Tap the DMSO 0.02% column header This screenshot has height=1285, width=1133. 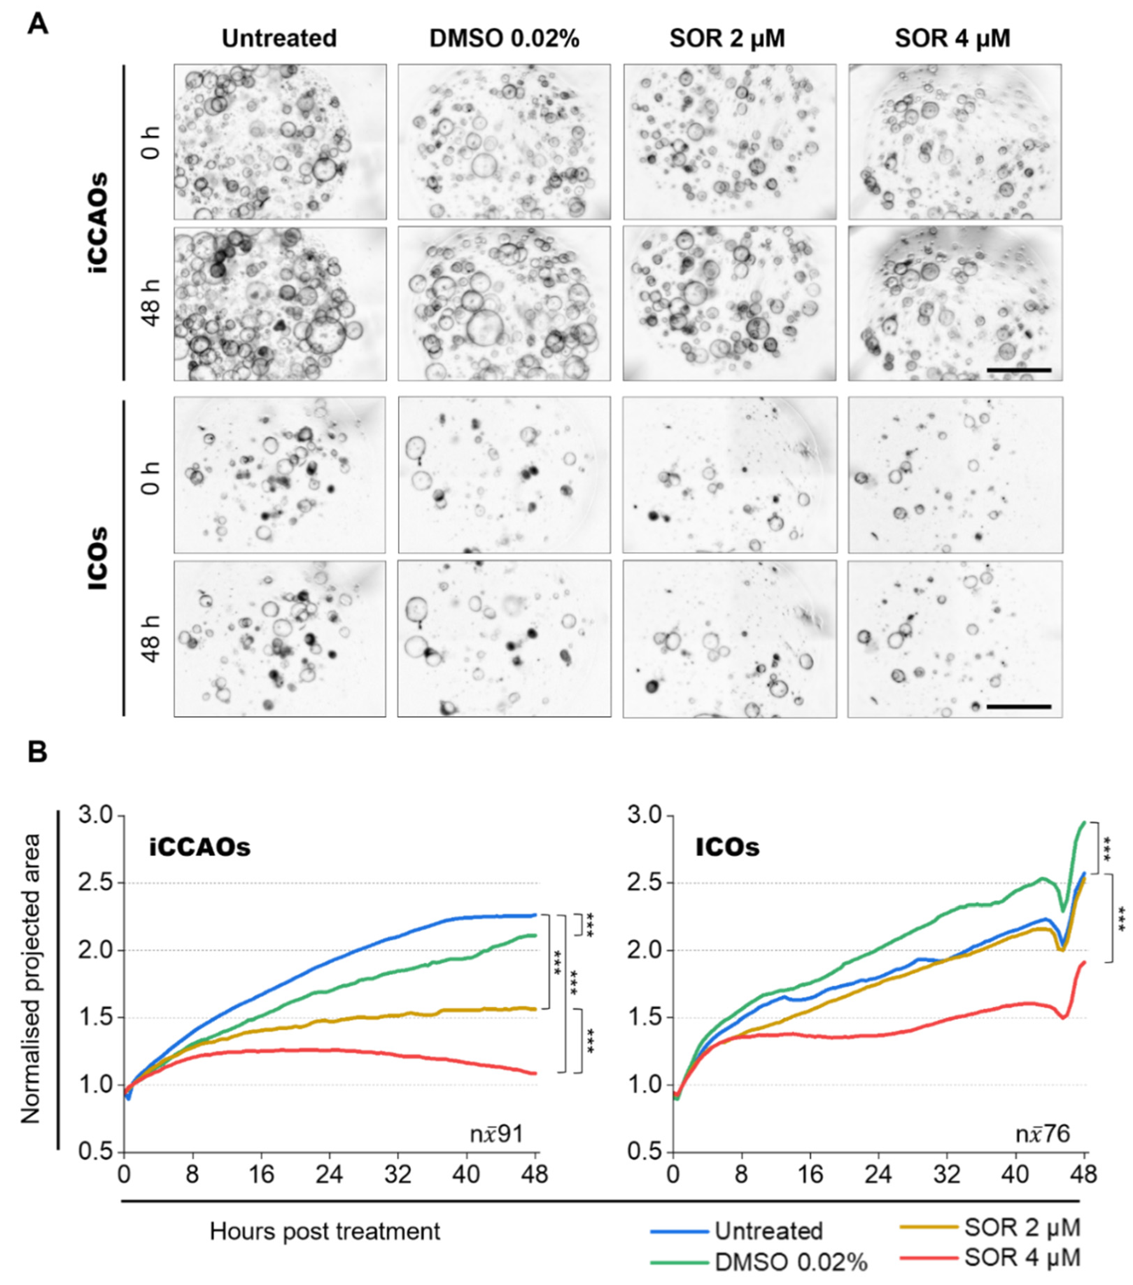(504, 39)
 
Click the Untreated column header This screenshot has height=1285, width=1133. (279, 39)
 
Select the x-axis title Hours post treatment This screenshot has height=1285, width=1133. (325, 1231)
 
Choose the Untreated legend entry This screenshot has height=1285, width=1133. (768, 1231)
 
